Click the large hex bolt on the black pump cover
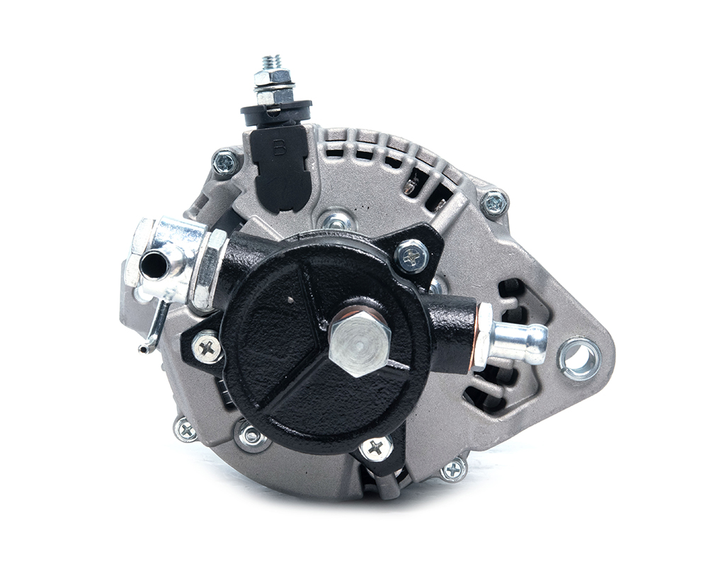coord(360,345)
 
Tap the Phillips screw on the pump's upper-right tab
coord(411,256)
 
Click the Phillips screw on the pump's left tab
coord(207,347)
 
